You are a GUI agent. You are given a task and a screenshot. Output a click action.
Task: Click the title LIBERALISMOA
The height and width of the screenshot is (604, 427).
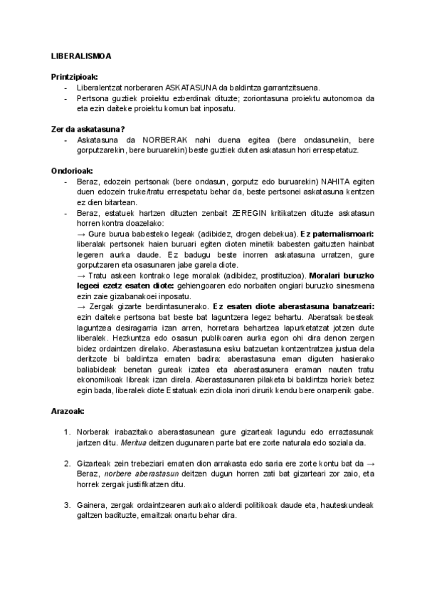(x=80, y=56)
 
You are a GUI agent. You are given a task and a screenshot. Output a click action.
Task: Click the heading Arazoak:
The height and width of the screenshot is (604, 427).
(x=68, y=412)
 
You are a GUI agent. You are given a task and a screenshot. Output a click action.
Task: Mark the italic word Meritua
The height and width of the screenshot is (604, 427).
(x=115, y=443)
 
